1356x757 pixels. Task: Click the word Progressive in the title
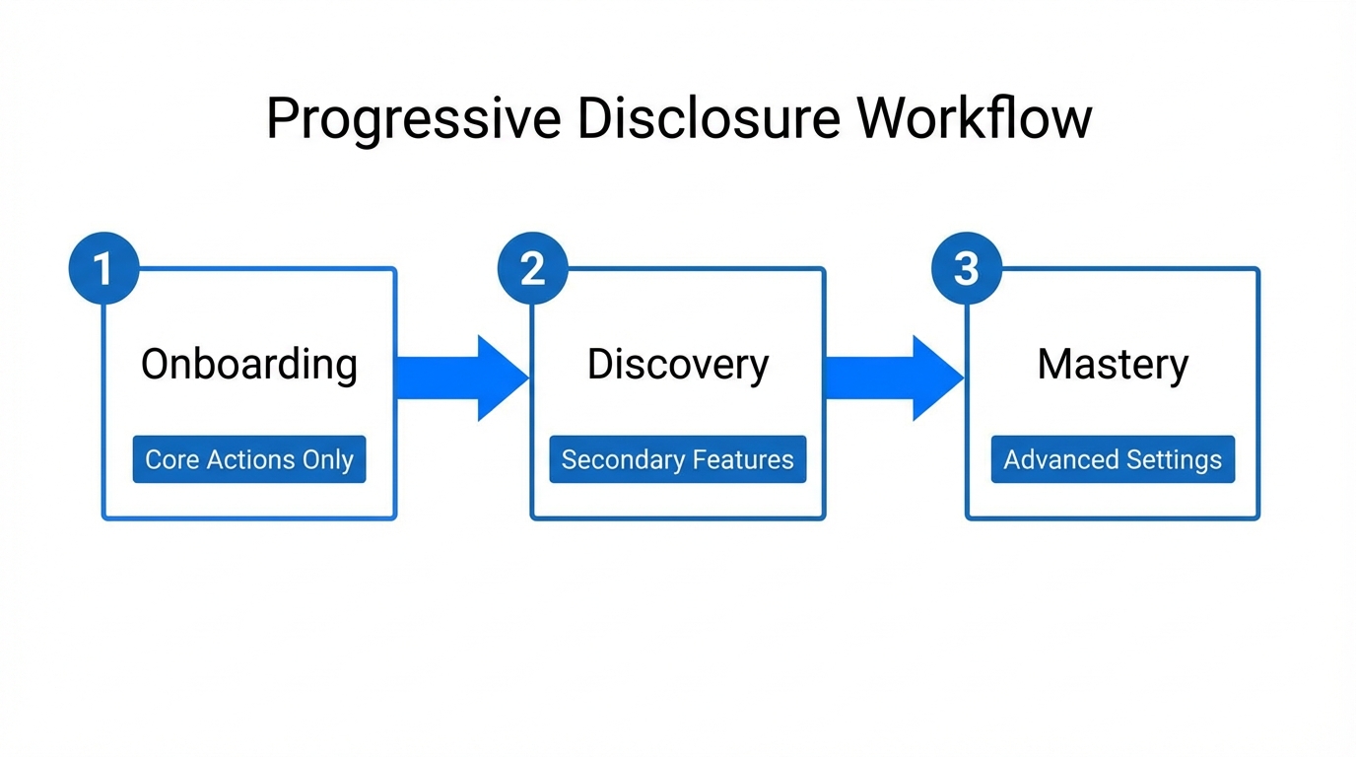point(413,120)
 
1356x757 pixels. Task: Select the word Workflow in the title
point(974,118)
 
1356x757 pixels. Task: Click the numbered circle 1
point(103,268)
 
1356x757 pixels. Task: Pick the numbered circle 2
point(533,268)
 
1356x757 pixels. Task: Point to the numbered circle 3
point(966,268)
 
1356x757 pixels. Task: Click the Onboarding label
point(249,365)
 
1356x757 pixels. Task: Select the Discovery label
point(678,365)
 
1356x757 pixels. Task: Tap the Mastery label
point(1113,365)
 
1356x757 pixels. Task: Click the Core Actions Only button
point(249,459)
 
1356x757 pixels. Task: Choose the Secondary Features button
point(678,459)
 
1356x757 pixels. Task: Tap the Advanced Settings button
point(1113,459)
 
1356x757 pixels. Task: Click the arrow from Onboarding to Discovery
point(461,378)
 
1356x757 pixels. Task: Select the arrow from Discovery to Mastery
point(893,378)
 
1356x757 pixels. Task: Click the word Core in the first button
point(172,459)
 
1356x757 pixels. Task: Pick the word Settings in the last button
point(1177,460)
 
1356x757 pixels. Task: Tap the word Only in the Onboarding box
point(328,460)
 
